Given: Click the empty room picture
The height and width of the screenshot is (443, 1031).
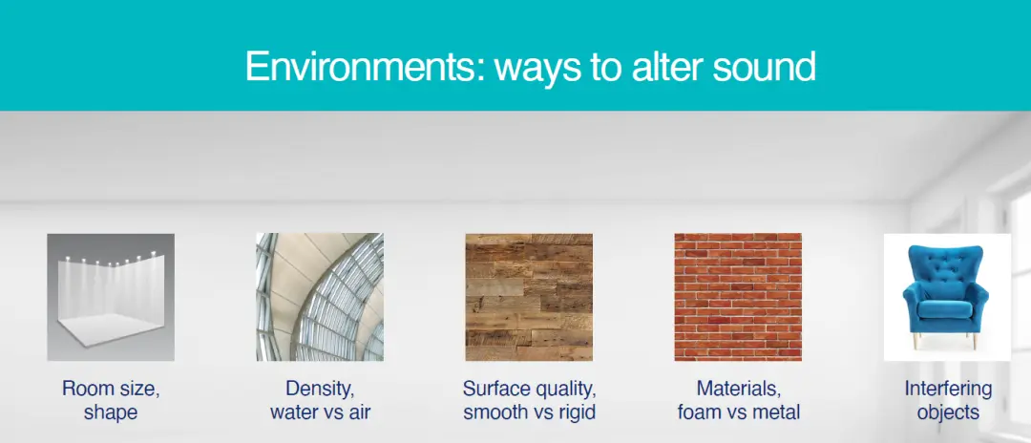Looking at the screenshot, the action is pos(111,297).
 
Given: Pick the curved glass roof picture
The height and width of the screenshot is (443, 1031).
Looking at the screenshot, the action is pos(320,297).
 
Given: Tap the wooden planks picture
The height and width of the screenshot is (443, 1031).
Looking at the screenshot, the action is pos(529,297).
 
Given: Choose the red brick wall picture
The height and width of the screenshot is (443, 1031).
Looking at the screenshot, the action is pos(738,297).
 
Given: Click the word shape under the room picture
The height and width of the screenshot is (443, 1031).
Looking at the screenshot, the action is pos(111,412).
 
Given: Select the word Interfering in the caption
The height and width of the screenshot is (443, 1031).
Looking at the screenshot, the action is pos(948,389).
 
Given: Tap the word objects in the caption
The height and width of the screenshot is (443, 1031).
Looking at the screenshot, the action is pos(948,412).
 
